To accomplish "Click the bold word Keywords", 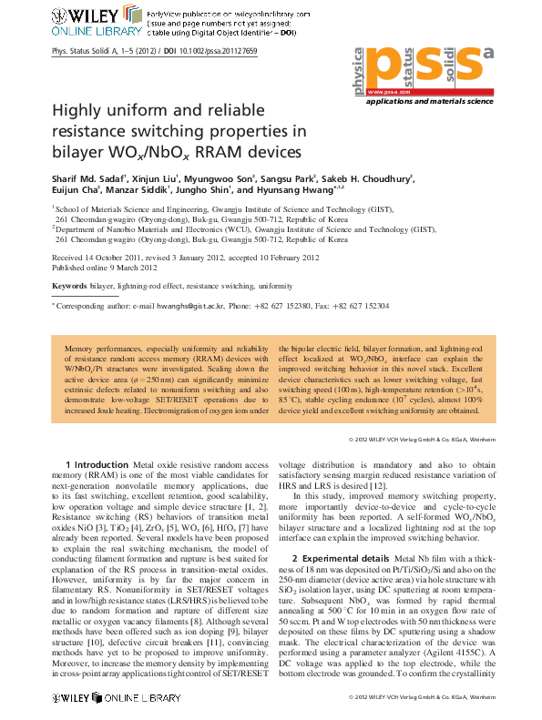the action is click(68, 285).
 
